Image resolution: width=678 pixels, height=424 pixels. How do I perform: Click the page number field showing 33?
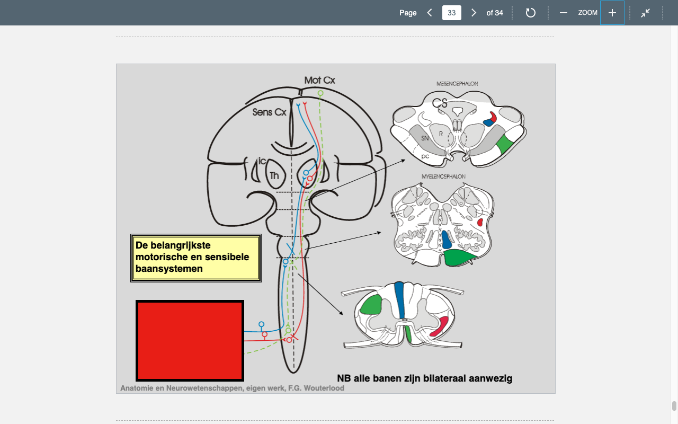(x=452, y=13)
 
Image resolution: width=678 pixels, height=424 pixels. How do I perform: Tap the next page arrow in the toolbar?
(x=474, y=13)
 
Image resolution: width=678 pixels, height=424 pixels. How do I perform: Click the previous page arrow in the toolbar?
(x=430, y=13)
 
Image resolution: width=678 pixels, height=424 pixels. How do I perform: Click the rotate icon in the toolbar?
(x=530, y=13)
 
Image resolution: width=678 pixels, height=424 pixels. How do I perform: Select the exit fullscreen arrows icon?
(x=645, y=13)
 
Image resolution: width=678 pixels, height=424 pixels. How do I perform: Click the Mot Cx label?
(x=319, y=80)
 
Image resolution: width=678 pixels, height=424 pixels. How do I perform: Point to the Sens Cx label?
(x=269, y=112)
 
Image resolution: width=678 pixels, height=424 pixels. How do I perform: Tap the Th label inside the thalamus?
(x=274, y=175)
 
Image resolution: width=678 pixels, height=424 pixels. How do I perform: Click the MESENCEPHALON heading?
(x=457, y=84)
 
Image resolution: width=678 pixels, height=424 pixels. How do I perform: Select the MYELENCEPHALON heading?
(x=443, y=176)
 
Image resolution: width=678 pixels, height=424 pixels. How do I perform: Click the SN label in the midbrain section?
(x=425, y=138)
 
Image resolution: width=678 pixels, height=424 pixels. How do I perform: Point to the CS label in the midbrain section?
(x=440, y=103)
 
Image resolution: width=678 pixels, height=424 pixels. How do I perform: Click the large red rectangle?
(x=190, y=341)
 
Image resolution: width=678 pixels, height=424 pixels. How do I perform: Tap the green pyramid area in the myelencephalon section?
(x=459, y=258)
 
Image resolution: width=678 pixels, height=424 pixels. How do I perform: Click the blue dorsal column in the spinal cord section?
(x=399, y=300)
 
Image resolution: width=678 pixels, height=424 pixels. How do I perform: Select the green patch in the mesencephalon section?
(x=505, y=144)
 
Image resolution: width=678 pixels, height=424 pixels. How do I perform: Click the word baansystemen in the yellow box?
(x=169, y=269)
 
